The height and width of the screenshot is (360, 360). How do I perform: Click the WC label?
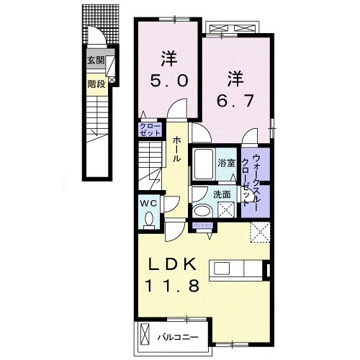pos(148,204)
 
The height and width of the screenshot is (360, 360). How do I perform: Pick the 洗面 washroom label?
pos(221,194)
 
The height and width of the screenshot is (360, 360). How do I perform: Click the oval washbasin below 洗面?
pos(203,211)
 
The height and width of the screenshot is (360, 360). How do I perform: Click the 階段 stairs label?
pos(96,84)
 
